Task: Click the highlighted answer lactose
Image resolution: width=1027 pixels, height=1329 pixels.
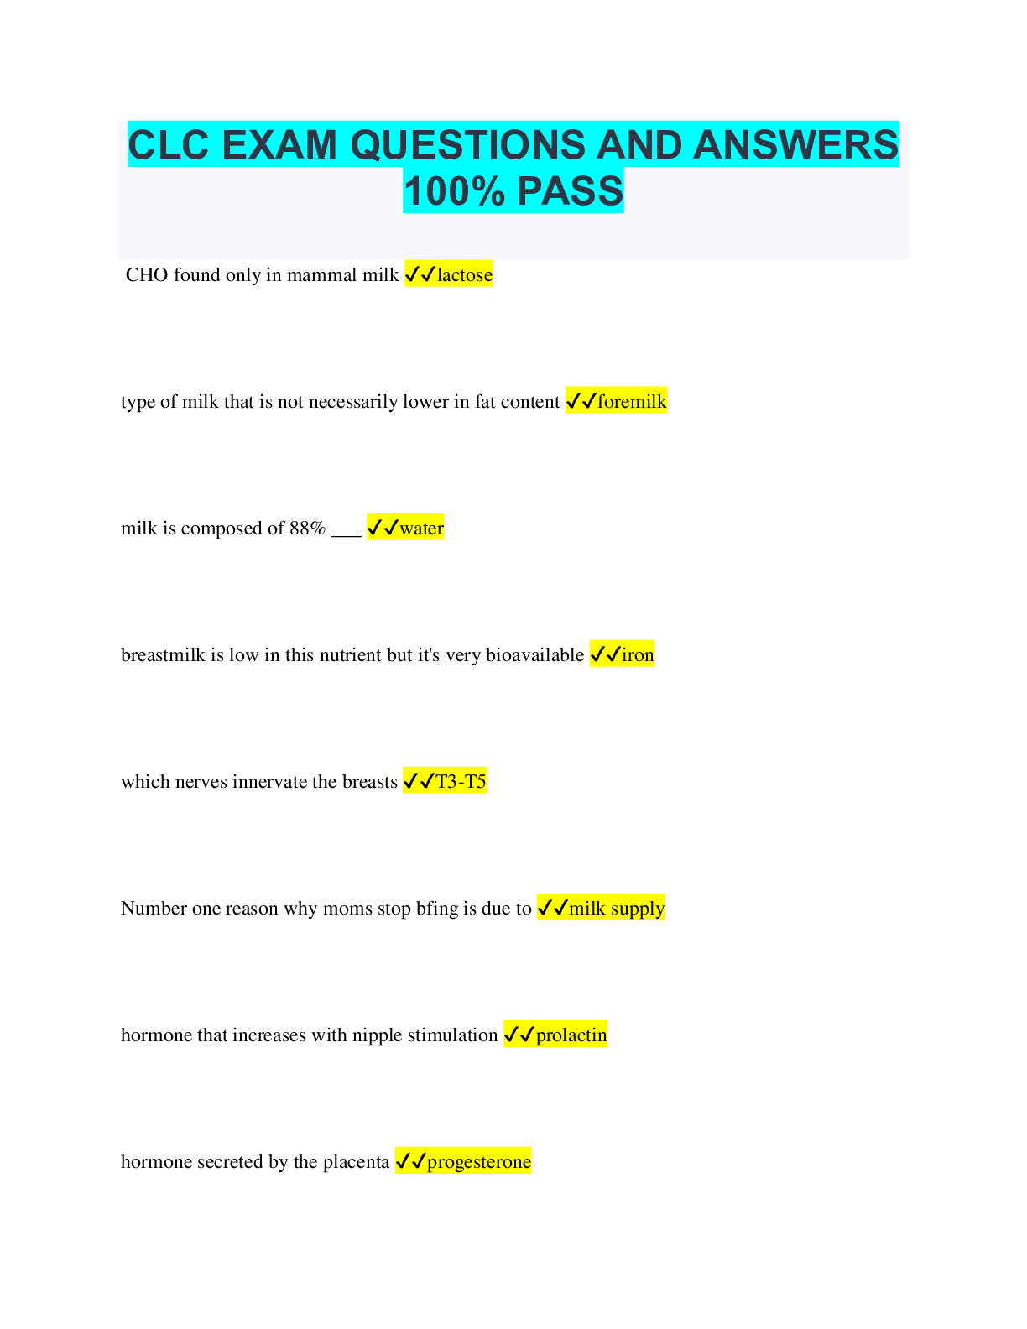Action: (x=464, y=274)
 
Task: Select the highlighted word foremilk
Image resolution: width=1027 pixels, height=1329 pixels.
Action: (x=631, y=401)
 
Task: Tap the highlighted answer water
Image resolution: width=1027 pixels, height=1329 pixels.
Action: (x=421, y=528)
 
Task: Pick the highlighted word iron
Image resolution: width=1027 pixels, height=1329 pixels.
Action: (x=638, y=654)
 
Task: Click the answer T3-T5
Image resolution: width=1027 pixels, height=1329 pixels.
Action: (x=461, y=781)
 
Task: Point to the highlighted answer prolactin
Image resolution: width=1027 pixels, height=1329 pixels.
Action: (x=571, y=1035)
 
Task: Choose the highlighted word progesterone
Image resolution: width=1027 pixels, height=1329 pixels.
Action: (x=479, y=1162)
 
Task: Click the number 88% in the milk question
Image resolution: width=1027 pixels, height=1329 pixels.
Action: (x=307, y=528)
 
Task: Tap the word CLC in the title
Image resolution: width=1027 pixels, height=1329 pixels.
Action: (x=168, y=145)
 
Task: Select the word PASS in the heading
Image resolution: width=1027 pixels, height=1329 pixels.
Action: (x=570, y=190)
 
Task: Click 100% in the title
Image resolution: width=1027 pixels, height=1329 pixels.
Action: (x=455, y=190)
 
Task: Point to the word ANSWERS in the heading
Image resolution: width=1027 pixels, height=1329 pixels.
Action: (x=795, y=145)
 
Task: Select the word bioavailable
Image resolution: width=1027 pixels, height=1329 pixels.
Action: (x=534, y=654)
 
